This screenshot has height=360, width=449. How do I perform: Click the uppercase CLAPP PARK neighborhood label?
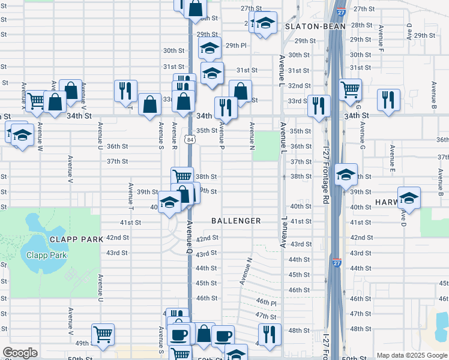(x=77, y=239)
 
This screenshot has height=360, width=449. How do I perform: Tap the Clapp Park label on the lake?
(x=46, y=254)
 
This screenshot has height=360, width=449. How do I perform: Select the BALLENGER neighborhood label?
(x=236, y=221)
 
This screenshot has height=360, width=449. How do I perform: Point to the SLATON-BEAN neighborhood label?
(x=315, y=26)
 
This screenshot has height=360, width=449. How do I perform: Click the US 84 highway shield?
(x=190, y=139)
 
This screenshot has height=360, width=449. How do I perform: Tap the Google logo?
(x=20, y=352)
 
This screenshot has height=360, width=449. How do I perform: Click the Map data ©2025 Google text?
(x=412, y=355)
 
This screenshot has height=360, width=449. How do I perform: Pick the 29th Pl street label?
(x=236, y=46)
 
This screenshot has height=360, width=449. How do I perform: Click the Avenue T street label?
(x=131, y=192)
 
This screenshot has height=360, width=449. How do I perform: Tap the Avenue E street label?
(x=391, y=159)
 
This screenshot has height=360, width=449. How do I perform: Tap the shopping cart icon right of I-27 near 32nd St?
(x=351, y=89)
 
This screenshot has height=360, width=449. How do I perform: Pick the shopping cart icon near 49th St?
(x=103, y=334)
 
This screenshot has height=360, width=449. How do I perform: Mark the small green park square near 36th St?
(x=262, y=146)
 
